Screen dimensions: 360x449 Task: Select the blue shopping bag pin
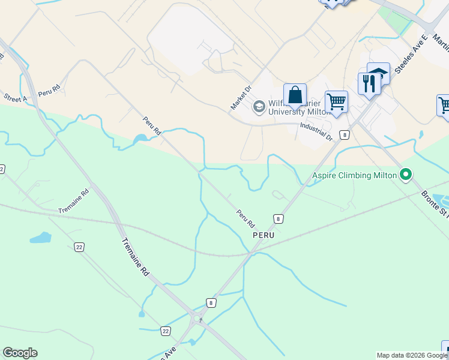[x=295, y=95]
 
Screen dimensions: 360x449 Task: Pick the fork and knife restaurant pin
[x=369, y=84]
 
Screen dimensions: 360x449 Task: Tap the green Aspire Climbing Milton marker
[x=406, y=175]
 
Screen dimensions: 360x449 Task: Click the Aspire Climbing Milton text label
[x=354, y=175]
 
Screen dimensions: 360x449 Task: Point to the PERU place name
[x=263, y=236]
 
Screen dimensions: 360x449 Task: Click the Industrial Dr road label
[x=316, y=130]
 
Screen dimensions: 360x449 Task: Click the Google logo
[x=20, y=353]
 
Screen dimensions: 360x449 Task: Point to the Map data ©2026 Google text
[x=412, y=355]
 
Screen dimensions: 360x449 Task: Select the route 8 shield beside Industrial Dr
[x=344, y=135]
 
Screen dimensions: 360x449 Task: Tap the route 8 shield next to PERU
[x=278, y=219]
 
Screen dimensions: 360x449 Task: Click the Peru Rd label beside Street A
[x=49, y=91]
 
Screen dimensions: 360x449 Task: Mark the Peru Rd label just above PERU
[x=245, y=217]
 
